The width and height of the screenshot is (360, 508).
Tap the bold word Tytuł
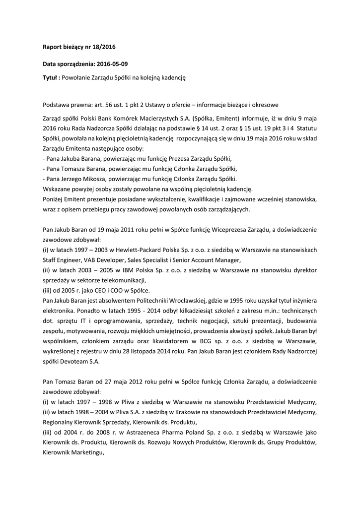(x=50, y=78)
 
